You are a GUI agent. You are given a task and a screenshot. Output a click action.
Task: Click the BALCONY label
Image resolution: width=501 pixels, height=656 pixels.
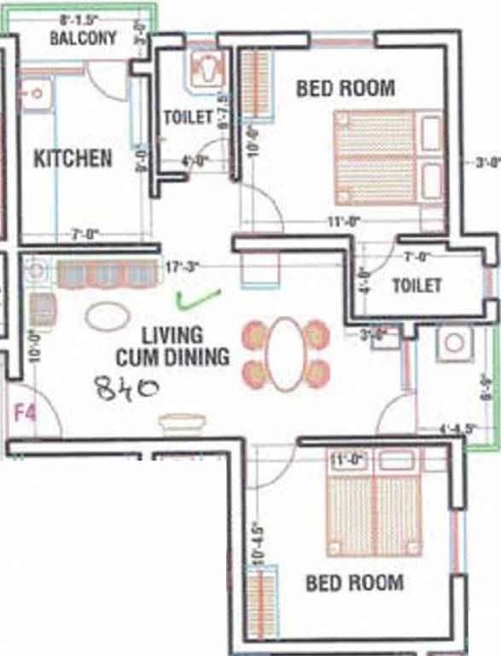[83, 38]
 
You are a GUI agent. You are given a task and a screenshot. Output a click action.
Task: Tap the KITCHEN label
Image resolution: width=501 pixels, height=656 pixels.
[73, 158]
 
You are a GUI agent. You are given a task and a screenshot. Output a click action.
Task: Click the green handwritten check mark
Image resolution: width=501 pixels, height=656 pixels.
[196, 298]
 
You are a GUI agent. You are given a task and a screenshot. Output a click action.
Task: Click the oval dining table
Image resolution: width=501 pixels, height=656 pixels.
[286, 354]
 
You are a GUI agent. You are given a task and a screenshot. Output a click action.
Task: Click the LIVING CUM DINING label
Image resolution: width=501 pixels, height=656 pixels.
[185, 346]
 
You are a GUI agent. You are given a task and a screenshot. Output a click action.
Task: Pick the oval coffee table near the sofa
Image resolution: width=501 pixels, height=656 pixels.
[108, 317]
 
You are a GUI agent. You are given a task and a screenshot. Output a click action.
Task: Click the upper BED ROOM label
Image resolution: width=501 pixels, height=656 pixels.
[346, 88]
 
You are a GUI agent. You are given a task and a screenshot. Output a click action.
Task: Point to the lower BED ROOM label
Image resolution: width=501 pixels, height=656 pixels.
[355, 583]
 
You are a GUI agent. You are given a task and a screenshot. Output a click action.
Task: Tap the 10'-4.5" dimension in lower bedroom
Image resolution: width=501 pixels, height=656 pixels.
[253, 542]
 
